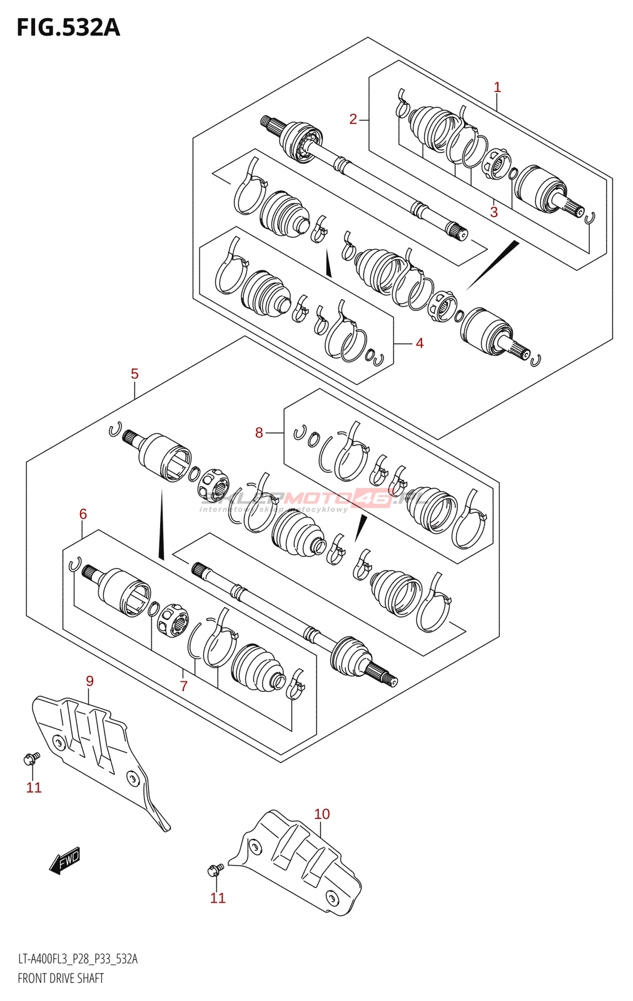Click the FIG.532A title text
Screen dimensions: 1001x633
pos(68,28)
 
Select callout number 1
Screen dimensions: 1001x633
pos(497,88)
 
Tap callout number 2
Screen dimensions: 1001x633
pos(353,119)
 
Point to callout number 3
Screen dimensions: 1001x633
pos(494,212)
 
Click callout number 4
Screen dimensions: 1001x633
pos(420,343)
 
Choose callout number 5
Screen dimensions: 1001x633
pos(134,374)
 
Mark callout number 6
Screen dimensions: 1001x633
pos(83,514)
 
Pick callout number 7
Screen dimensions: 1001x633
pos(184,686)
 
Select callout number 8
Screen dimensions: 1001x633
pos(259,432)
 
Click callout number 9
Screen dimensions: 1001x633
pos(89,681)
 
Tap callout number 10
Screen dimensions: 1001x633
pos(322,814)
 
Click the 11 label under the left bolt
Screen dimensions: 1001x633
pos(34,788)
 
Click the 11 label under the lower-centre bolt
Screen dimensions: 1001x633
pos(218,898)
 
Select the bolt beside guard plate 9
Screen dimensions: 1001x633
pos(30,759)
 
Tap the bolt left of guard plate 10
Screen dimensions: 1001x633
pos(215,869)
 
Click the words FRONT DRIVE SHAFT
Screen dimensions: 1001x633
pos(61,978)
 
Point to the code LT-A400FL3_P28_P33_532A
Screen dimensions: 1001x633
pos(78,959)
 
